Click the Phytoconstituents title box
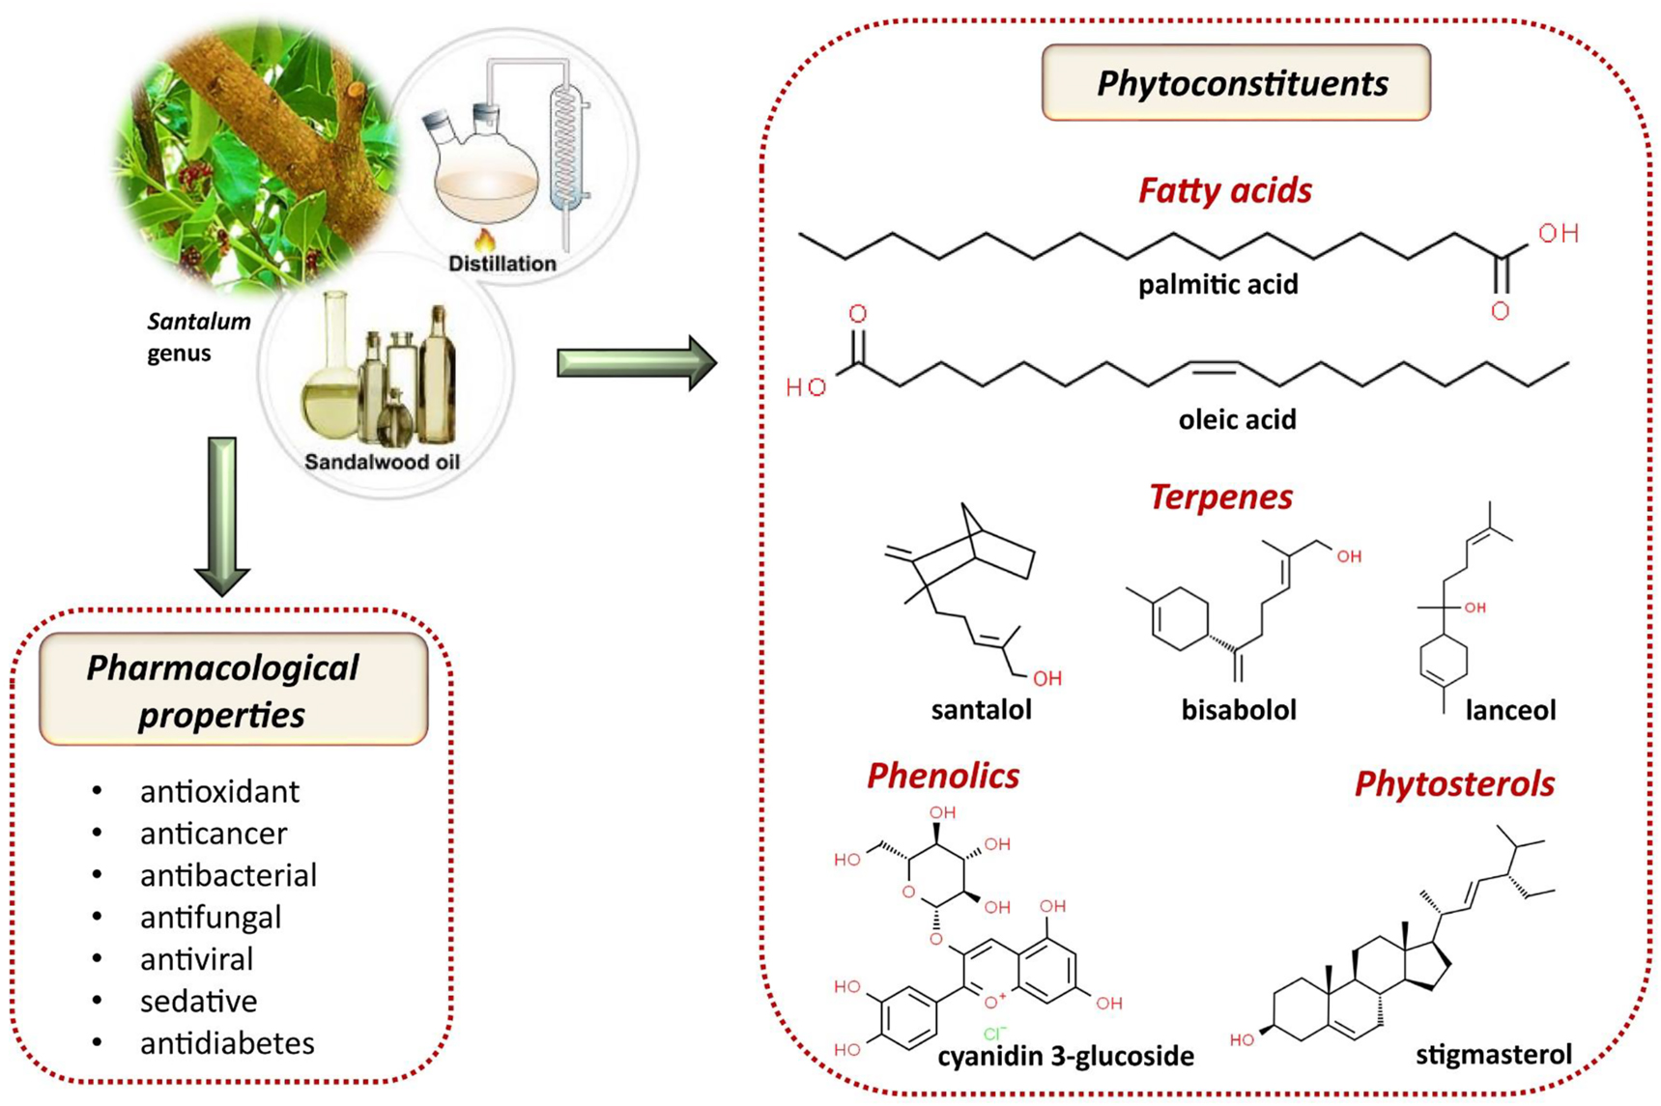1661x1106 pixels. (x=1236, y=83)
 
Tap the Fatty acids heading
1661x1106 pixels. (x=1224, y=190)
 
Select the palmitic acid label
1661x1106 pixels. (x=1217, y=285)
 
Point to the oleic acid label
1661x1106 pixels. (x=1237, y=419)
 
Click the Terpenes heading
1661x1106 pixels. (x=1220, y=496)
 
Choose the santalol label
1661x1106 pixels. (x=981, y=710)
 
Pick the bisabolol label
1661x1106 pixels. (x=1238, y=710)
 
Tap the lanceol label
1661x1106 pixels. (x=1510, y=711)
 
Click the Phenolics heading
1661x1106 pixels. (x=942, y=776)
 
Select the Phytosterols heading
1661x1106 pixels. (x=1454, y=783)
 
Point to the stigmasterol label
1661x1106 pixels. (x=1493, y=1054)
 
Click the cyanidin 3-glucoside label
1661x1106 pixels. (x=1065, y=1056)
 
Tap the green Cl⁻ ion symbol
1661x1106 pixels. (x=994, y=1034)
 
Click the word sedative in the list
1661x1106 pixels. (x=198, y=1001)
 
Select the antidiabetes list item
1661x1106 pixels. (x=227, y=1043)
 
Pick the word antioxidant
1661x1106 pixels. (x=219, y=791)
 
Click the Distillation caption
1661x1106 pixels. (x=501, y=263)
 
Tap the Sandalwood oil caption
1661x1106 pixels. (x=382, y=462)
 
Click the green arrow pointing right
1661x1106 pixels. (x=636, y=363)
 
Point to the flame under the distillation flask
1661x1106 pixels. (x=484, y=238)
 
